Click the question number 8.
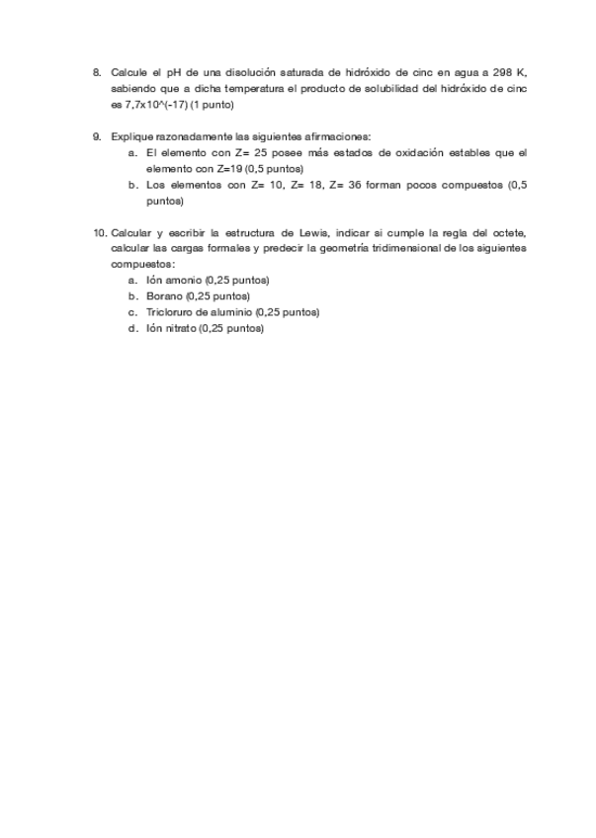click(97, 72)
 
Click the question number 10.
click(99, 232)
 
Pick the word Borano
click(164, 295)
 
